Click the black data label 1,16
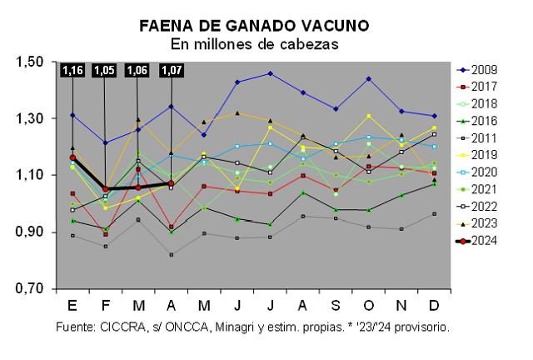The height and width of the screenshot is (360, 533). tap(73, 71)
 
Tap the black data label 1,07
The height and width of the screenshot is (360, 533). tap(172, 71)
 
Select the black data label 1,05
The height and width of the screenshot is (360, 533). tap(105, 71)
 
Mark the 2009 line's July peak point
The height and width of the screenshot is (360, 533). tap(270, 73)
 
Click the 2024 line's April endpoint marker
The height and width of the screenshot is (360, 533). tap(171, 183)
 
